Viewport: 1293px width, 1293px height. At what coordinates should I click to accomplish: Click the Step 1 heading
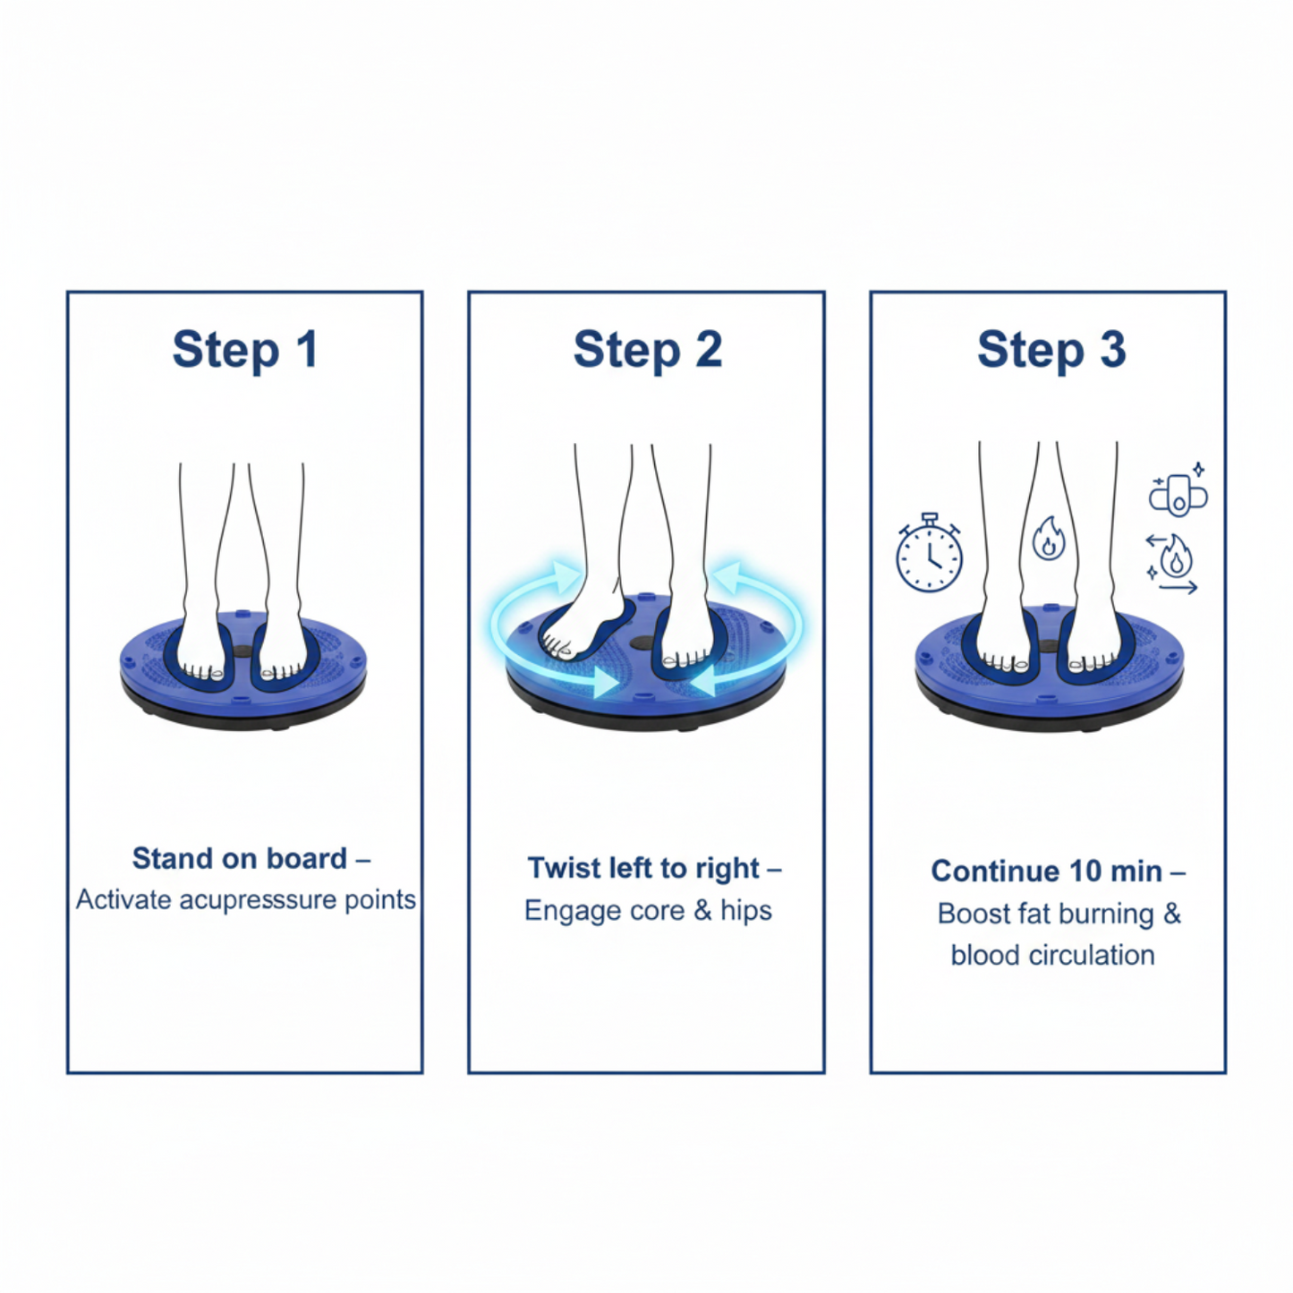point(245,350)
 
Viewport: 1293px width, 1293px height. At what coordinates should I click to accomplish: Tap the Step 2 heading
point(648,350)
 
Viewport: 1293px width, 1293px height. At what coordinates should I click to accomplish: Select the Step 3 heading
point(1051,350)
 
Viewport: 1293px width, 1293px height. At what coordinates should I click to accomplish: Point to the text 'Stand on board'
point(240,858)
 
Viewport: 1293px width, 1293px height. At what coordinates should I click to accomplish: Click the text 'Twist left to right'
point(643,868)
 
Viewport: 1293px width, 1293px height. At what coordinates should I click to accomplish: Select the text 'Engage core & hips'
point(648,911)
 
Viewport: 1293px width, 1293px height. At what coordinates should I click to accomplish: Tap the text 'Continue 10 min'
point(1047,872)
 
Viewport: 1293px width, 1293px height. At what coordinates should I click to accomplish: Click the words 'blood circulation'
point(1053,956)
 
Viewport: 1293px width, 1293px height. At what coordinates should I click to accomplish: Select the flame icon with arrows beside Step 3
point(1172,562)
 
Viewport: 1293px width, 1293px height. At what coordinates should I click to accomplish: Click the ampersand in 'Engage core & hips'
point(702,911)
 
